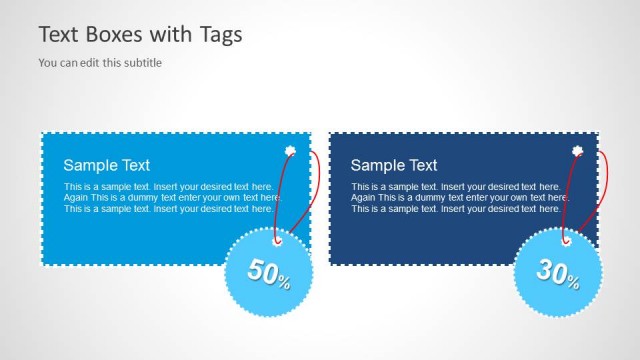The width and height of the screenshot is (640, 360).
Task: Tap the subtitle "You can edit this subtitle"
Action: click(x=100, y=62)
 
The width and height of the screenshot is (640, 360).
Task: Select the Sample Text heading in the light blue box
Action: click(x=107, y=165)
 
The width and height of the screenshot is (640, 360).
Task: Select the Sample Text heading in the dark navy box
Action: click(x=394, y=165)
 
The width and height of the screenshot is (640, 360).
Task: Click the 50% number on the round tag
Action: click(x=269, y=272)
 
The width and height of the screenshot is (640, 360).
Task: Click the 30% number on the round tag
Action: click(x=557, y=271)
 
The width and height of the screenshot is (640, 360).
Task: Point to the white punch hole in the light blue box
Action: click(x=290, y=152)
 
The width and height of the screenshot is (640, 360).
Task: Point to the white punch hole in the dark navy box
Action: click(x=577, y=152)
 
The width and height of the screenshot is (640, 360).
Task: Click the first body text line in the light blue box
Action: click(x=168, y=187)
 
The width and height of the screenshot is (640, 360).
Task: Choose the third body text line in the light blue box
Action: click(x=168, y=209)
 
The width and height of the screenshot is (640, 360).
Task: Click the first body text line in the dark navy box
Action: click(x=455, y=187)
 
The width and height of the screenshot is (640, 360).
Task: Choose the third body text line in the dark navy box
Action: click(x=455, y=209)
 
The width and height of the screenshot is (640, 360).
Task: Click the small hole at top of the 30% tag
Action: click(x=566, y=239)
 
